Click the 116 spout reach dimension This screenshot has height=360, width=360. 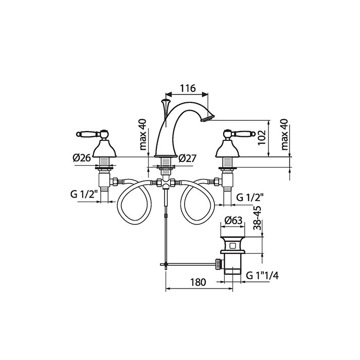point(188,88)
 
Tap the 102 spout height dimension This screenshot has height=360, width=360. point(261,137)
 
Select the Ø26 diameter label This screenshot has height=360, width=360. point(82,158)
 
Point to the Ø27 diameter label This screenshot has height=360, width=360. point(187,158)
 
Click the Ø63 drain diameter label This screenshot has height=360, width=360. point(233,221)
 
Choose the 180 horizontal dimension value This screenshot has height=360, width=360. point(199,282)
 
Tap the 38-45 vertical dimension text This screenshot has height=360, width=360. point(257,218)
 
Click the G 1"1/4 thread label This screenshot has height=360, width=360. point(262,275)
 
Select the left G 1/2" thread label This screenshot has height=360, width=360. point(84,194)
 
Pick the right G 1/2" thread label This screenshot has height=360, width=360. point(250,197)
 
